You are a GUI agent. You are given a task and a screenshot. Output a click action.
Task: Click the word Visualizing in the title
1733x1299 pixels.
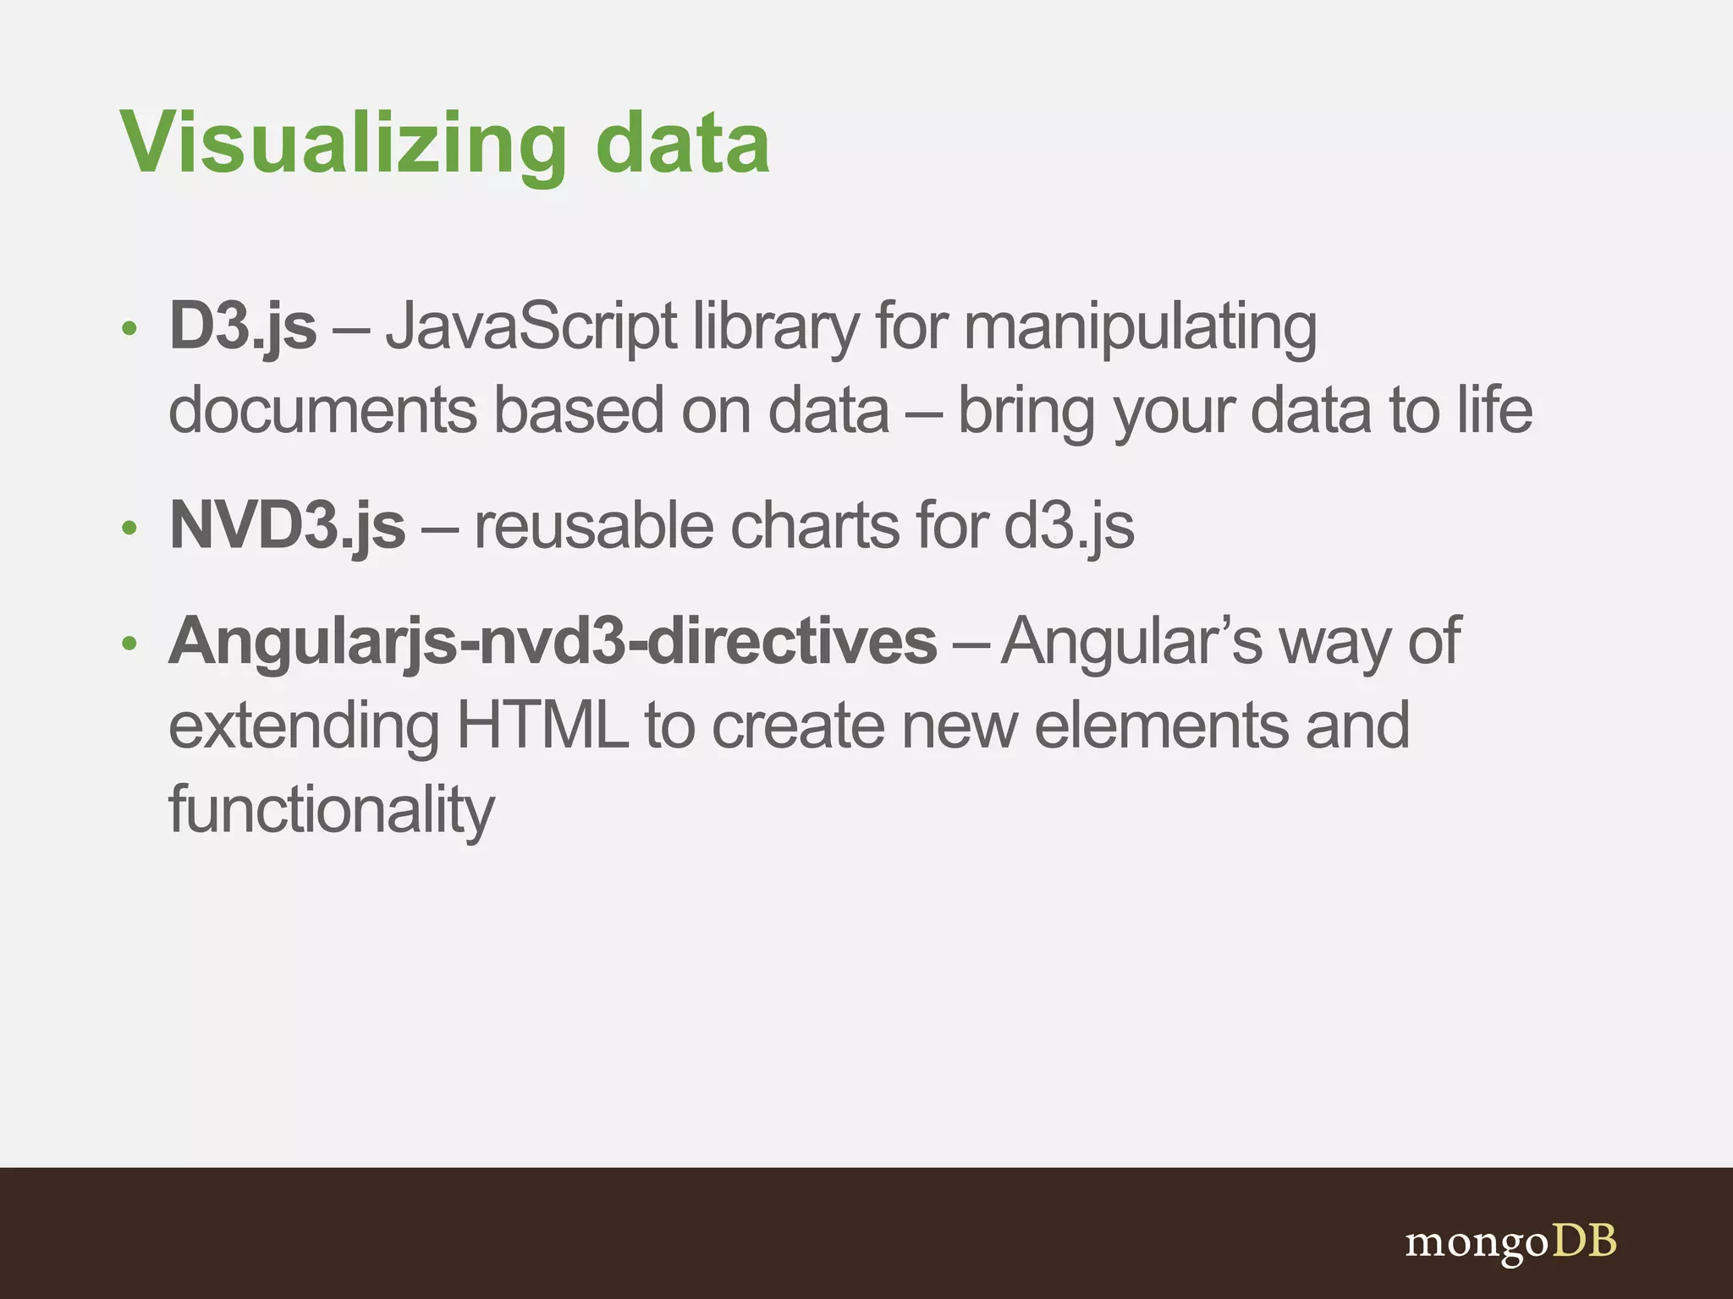(343, 144)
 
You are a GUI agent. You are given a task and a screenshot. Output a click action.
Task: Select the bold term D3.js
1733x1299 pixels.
(243, 326)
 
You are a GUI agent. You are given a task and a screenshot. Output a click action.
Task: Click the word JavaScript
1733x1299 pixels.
(531, 328)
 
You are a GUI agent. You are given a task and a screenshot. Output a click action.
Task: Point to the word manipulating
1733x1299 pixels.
(1140, 328)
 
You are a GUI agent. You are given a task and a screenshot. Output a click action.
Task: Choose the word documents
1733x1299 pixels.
(322, 411)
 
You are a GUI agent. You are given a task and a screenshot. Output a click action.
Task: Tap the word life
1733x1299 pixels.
(1494, 411)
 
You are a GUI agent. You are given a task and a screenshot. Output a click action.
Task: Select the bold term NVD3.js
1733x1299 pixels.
(287, 526)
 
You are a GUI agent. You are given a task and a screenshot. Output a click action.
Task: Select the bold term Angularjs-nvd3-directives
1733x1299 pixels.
(553, 641)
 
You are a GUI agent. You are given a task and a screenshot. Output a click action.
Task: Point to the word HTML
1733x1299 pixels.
(542, 726)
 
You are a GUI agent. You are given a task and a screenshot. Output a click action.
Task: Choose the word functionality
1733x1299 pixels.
(331, 810)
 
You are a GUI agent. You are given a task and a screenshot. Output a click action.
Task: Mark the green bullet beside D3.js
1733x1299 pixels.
(129, 328)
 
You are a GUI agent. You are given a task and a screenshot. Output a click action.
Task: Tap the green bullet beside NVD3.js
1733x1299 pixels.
(129, 529)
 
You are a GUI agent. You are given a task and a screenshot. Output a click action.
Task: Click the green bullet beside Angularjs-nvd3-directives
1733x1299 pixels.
(129, 644)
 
